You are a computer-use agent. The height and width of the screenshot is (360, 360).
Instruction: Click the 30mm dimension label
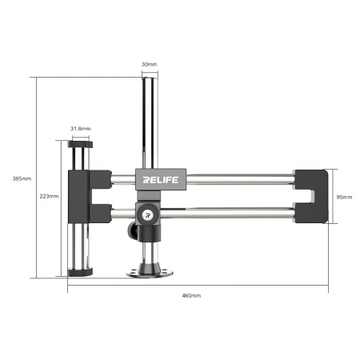[150, 64]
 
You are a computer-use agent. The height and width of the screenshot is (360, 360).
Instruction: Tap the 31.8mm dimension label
[81, 129]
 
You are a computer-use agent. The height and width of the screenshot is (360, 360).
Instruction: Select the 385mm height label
[22, 178]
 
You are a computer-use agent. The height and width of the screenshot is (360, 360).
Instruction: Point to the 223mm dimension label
[49, 196]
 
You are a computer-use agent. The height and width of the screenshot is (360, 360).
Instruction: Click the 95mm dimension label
[344, 197]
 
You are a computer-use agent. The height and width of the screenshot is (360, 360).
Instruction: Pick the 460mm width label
[191, 295]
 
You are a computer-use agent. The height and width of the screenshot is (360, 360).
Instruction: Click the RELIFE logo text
[161, 180]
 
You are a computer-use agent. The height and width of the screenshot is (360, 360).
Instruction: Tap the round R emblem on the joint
[147, 214]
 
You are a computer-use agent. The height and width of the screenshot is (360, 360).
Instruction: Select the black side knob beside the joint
[132, 230]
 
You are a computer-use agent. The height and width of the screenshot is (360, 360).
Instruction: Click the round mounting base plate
[150, 273]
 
